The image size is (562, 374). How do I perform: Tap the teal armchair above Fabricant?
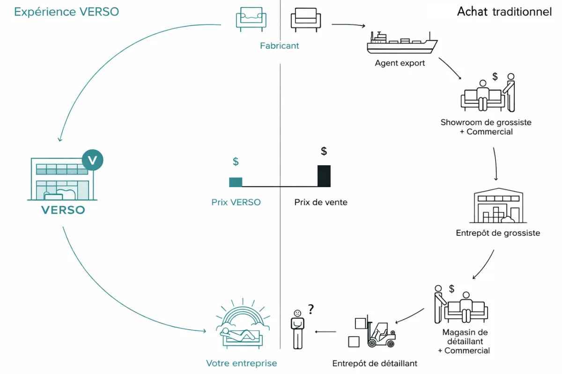(x=251, y=19)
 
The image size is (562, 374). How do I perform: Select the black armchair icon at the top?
(x=306, y=19)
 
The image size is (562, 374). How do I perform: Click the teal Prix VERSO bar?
(x=236, y=182)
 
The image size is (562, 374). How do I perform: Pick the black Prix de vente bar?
(x=324, y=176)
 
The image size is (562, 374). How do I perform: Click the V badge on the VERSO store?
(x=92, y=160)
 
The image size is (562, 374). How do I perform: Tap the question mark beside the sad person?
(x=311, y=309)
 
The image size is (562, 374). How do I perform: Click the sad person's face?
(x=297, y=313)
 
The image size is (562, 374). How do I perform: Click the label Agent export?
(x=400, y=63)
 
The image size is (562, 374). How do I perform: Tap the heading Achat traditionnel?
(x=504, y=12)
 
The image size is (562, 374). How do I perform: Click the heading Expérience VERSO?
(x=67, y=12)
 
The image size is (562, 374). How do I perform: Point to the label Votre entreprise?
(x=242, y=363)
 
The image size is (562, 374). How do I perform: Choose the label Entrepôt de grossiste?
(x=498, y=233)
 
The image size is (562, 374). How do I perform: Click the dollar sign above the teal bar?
(x=236, y=161)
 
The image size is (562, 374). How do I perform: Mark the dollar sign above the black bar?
(x=324, y=151)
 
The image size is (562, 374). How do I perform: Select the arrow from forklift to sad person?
(x=325, y=332)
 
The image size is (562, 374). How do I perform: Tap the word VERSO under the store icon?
(x=63, y=210)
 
